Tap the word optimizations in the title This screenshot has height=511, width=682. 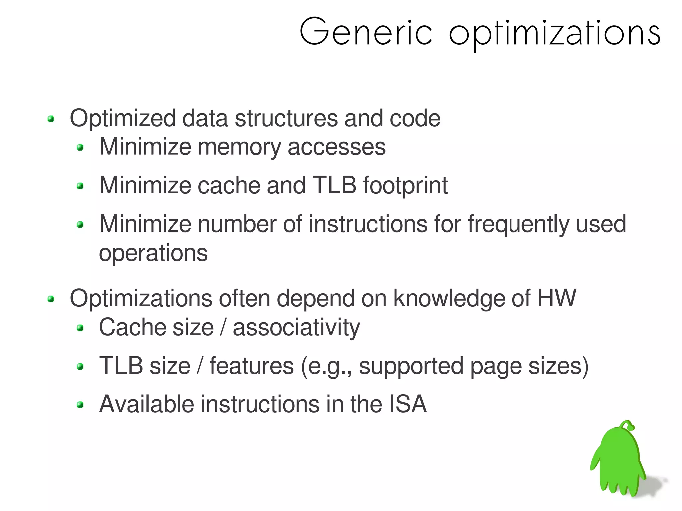554,33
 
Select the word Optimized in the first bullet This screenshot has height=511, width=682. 123,119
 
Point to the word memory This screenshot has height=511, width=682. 239,147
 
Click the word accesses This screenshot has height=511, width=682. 336,147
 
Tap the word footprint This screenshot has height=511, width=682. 405,186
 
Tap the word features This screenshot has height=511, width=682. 252,366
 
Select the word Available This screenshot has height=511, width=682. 147,404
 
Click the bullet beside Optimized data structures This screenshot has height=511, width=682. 51,119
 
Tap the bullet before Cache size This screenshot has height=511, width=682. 80,328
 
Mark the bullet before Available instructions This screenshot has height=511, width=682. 80,405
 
